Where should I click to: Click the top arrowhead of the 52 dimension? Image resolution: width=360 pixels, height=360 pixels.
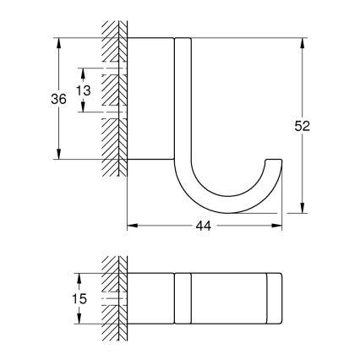click(303, 41)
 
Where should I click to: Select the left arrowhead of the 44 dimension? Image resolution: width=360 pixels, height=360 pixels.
click(130, 226)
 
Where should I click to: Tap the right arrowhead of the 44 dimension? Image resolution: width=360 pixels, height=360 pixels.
click(280, 226)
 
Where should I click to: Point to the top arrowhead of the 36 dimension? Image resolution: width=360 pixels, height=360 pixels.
click(58, 41)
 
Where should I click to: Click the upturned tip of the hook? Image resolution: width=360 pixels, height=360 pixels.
click(275, 161)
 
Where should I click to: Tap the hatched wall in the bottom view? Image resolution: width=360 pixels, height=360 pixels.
click(109, 297)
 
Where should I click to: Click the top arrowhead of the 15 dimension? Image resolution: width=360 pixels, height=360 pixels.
click(80, 276)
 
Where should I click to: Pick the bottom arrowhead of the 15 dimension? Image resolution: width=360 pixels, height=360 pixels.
click(80, 321)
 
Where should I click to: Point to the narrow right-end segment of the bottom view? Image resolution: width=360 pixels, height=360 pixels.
click(275, 298)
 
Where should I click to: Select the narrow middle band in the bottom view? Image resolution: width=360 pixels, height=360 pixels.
click(182, 298)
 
